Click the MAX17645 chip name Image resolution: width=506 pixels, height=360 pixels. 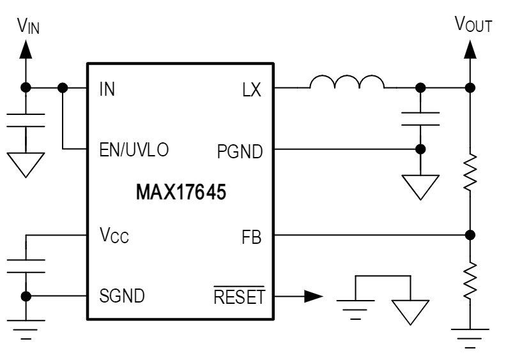point(181,192)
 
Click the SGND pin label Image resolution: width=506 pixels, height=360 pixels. point(121,296)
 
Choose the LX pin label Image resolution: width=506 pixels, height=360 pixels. point(252,90)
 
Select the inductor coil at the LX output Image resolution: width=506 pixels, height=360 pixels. point(347,82)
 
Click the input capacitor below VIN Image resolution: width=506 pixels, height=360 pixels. point(26,121)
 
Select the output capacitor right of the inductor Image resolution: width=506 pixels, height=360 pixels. point(420,118)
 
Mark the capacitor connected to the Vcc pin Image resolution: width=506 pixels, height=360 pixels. point(26,266)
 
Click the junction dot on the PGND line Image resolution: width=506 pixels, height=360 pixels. point(420,149)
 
